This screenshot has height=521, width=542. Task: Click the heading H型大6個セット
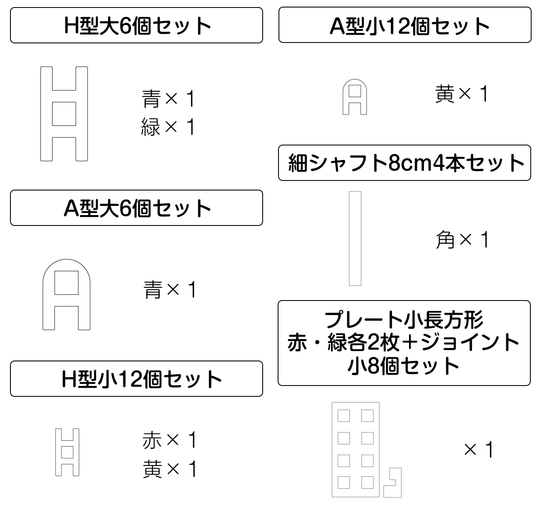[x=137, y=25]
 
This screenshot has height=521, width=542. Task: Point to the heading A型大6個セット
[x=137, y=208]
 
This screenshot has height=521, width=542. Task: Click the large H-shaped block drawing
[x=64, y=114]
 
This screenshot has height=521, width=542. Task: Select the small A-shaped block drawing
[x=354, y=97]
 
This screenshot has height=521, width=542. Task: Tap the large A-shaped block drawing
[x=67, y=295]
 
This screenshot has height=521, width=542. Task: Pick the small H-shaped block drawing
[x=67, y=452]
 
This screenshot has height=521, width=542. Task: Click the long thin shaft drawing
[x=355, y=239]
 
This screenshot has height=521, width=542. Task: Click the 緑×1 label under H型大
[x=168, y=127]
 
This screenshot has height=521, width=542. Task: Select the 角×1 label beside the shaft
[x=462, y=240]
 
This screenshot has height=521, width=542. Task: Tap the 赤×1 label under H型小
[x=169, y=440]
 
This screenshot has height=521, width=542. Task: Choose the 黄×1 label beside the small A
[x=461, y=94]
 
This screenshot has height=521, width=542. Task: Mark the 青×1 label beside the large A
[x=169, y=290]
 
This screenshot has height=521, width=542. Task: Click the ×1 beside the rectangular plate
[x=479, y=450]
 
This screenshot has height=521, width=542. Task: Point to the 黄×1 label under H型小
[x=169, y=469]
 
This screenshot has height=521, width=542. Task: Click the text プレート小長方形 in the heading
[x=404, y=320]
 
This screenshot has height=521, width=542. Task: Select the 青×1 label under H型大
[x=168, y=99]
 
